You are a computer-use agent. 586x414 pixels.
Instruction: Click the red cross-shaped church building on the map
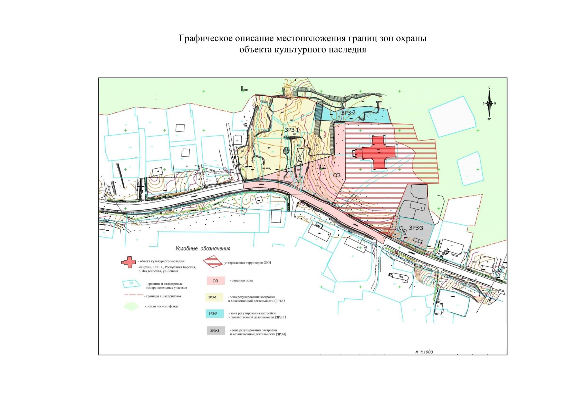click(378, 153)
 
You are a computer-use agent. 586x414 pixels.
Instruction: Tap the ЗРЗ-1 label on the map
click(292, 130)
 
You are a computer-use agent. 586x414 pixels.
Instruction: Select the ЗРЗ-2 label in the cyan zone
click(348, 112)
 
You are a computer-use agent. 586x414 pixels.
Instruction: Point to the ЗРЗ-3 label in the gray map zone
click(416, 228)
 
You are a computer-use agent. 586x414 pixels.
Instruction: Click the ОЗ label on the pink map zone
click(337, 175)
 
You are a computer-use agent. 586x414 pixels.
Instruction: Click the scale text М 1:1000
click(424, 352)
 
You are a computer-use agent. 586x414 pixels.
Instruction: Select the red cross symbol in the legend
click(128, 262)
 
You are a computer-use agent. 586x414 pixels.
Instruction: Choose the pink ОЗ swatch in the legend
click(215, 281)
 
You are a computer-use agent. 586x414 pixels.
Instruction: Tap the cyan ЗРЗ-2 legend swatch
click(214, 314)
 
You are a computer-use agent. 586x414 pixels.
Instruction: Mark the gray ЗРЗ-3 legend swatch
click(215, 331)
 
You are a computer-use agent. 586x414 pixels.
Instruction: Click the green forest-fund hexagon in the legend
click(131, 306)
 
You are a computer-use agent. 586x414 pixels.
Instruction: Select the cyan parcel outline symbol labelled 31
click(131, 284)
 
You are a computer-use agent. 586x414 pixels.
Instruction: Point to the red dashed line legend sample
click(133, 296)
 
